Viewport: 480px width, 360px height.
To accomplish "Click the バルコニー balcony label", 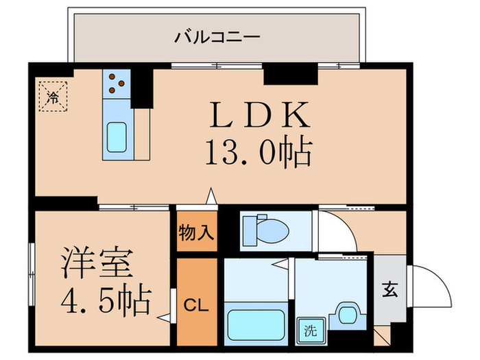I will (217, 35).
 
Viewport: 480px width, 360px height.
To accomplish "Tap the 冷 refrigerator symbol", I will (53, 97).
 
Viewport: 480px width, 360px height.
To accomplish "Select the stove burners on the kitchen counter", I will (117, 84).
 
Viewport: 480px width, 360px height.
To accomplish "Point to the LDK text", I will (258, 116).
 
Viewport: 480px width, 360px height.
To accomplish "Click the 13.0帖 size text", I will (258, 153).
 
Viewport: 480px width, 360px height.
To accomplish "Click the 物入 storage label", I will (196, 232).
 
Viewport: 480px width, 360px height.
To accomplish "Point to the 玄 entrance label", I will (389, 290).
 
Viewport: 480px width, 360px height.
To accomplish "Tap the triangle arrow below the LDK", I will (212, 197).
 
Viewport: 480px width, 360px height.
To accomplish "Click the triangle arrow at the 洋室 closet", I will (163, 317).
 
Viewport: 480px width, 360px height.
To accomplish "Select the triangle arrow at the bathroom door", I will (280, 263).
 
